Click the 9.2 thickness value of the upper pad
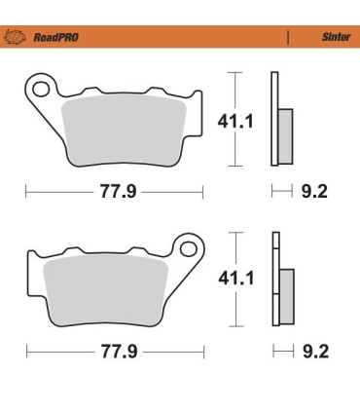pyautogui.click(x=315, y=191)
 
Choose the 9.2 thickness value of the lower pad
pyautogui.click(x=315, y=349)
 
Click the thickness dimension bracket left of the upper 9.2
pyautogui.click(x=281, y=191)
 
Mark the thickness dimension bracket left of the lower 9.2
pyautogui.click(x=281, y=349)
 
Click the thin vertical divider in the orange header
pyautogui.click(x=288, y=40)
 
